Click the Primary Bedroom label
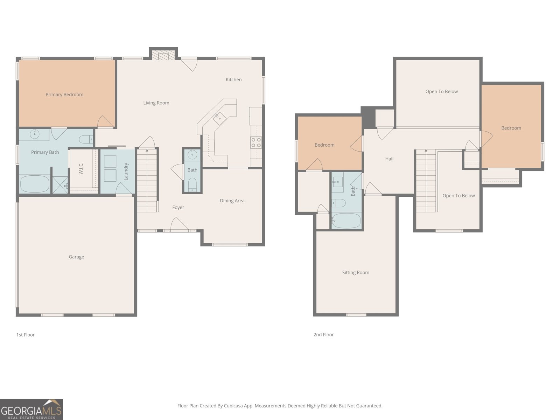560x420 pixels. pos(64,94)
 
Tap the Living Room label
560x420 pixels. pos(156,103)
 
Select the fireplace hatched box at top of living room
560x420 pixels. pos(163,55)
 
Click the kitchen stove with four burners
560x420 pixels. pos(256,142)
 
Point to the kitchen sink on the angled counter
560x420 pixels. pos(219,119)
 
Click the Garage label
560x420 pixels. pos(76,257)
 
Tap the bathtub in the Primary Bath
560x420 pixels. pos(35,184)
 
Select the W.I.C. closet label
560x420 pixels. pos(81,169)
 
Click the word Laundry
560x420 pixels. pos(126,171)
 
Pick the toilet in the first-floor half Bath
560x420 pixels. pos(192,184)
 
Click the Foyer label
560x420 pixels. pos(178,208)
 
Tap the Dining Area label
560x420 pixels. pos(232,201)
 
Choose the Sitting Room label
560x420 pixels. pos(356,273)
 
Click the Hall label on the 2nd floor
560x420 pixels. pos(389,159)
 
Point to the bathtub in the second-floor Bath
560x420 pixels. pos(346,221)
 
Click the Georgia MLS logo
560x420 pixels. pos(31,409)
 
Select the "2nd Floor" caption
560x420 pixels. pos(323,335)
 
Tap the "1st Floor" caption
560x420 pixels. pos(26,335)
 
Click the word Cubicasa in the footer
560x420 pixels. pos(233,406)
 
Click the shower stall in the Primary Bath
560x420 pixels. pos(60,185)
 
